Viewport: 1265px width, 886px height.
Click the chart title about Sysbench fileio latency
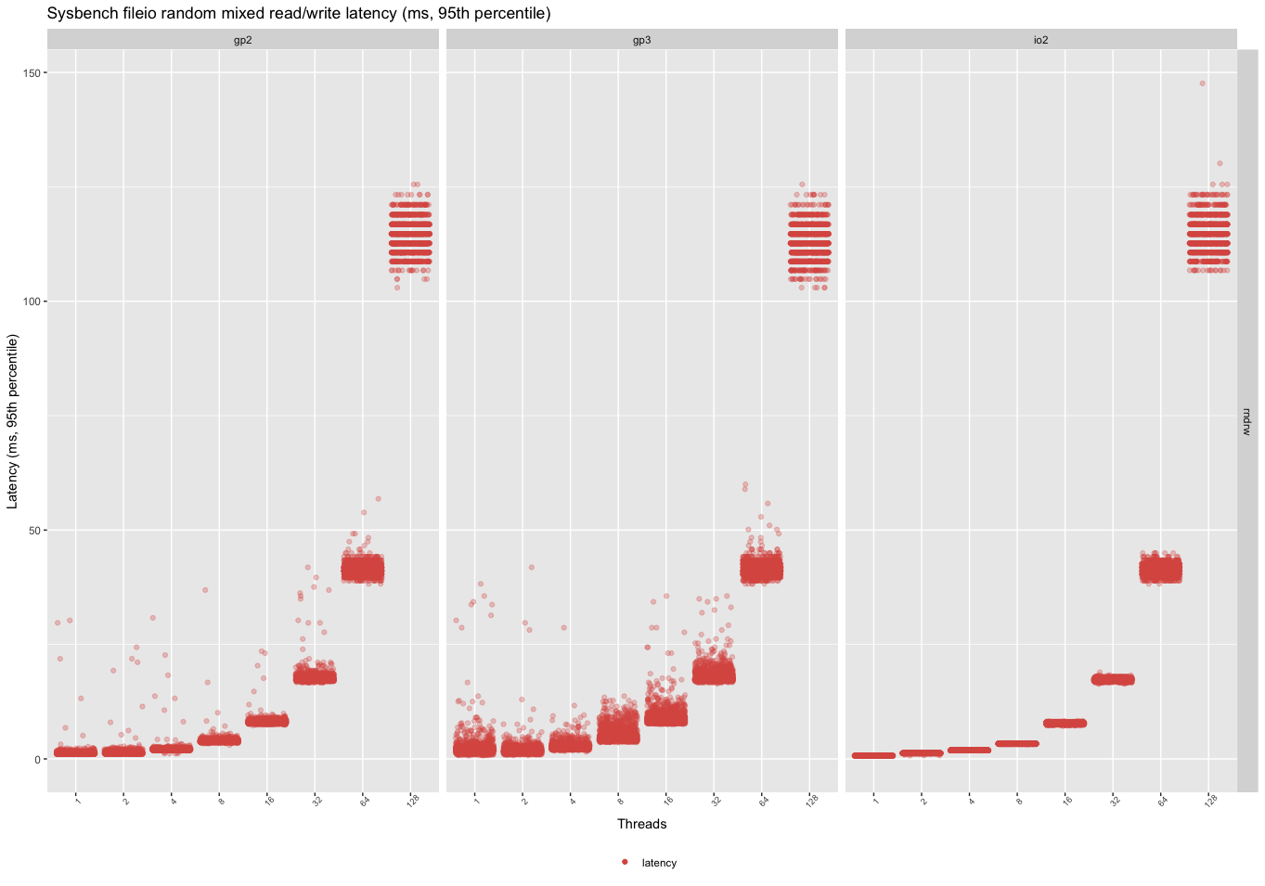click(298, 14)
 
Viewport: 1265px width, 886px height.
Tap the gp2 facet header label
click(242, 40)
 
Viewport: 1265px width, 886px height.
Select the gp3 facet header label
click(641, 40)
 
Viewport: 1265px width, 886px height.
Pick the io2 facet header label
click(1040, 40)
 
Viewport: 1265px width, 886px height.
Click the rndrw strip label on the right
click(1246, 421)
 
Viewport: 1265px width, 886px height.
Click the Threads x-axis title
click(641, 824)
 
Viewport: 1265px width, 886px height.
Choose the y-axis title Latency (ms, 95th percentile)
click(13, 421)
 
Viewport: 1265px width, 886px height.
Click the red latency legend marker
click(625, 863)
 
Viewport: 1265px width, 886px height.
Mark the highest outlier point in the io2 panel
click(1202, 83)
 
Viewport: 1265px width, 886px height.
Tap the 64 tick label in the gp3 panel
click(763, 801)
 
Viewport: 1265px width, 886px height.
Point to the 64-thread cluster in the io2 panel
click(1160, 569)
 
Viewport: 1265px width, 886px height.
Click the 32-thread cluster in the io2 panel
click(1113, 680)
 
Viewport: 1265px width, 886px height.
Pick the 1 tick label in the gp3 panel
click(476, 799)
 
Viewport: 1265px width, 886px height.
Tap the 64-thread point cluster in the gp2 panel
click(362, 569)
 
